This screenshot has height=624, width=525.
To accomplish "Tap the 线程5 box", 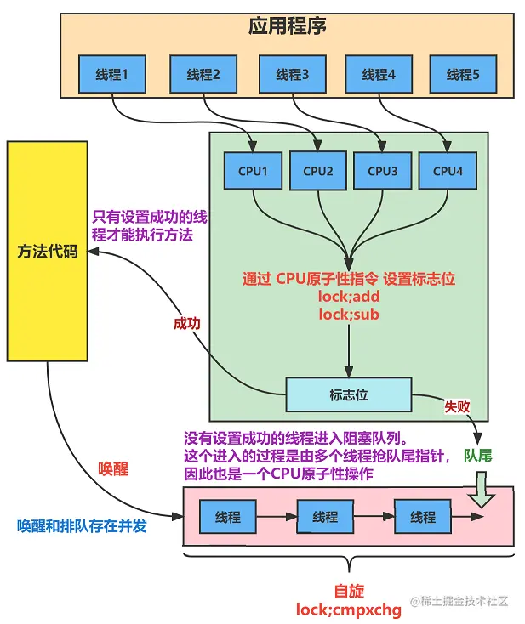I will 463,75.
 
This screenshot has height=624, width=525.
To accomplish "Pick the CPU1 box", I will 253,171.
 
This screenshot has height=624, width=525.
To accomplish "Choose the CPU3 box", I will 382,171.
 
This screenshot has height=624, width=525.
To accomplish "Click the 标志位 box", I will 348,394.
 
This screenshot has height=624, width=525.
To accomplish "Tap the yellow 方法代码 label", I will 47,252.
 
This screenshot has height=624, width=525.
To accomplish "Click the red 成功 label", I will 187,324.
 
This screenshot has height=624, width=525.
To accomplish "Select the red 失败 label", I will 457,406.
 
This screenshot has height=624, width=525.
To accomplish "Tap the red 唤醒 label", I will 114,469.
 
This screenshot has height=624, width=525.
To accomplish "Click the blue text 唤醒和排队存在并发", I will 82,526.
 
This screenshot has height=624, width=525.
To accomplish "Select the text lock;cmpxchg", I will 348,609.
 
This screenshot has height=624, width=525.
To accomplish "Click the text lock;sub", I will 348,314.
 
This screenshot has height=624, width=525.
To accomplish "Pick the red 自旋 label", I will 349,591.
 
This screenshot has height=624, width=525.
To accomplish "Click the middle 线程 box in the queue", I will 325,517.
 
